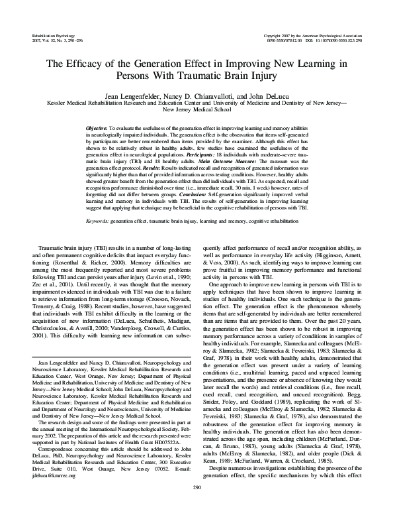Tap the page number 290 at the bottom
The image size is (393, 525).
click(x=196, y=507)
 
